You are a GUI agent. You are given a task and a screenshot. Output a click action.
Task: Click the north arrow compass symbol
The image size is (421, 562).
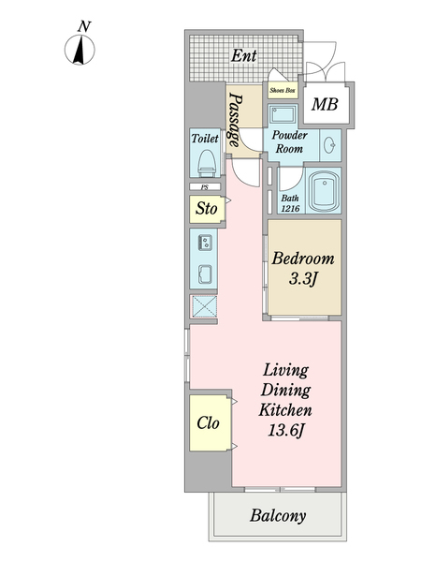click(x=80, y=49)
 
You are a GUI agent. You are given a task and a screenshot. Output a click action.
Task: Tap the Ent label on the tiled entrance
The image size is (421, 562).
click(x=244, y=55)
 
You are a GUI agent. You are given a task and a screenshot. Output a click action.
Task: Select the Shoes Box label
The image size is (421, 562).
click(x=283, y=90)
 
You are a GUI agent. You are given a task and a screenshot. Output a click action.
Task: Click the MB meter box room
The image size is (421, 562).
click(x=325, y=104)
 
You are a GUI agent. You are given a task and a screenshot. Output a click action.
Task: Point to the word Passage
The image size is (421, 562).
click(x=235, y=120)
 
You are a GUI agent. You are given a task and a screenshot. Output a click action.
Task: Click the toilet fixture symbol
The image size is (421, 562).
click(x=208, y=163)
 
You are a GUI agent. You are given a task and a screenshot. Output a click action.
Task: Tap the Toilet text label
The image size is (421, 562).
click(x=205, y=139)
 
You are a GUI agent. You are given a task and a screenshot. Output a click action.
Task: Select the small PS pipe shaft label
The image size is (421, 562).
click(x=205, y=187)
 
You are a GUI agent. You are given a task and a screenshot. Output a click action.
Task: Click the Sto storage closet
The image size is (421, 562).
click(x=207, y=209)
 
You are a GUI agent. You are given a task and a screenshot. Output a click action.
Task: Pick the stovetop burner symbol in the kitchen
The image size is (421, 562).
click(x=205, y=243)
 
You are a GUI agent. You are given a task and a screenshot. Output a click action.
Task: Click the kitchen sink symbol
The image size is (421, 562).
click(x=205, y=274)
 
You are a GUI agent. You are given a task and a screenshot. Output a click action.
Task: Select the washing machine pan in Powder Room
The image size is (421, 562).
click(x=283, y=114)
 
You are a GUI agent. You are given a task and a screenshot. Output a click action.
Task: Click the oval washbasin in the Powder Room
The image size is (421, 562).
click(x=329, y=145)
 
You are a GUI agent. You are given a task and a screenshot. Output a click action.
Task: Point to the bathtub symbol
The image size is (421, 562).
click(x=325, y=192)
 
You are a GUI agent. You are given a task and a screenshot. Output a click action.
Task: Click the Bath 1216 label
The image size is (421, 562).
click(x=290, y=203)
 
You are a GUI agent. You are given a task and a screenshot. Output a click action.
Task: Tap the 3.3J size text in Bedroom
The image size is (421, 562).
click(x=303, y=279)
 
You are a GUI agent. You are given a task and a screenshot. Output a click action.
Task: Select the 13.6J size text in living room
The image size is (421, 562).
click(x=285, y=431)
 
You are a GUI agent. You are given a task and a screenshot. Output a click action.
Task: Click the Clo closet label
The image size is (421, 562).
click(x=208, y=423)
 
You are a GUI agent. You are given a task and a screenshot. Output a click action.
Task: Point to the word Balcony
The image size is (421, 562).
click(x=278, y=516)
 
